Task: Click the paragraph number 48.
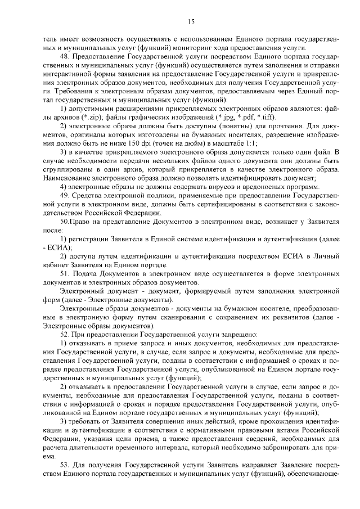point(64,57)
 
